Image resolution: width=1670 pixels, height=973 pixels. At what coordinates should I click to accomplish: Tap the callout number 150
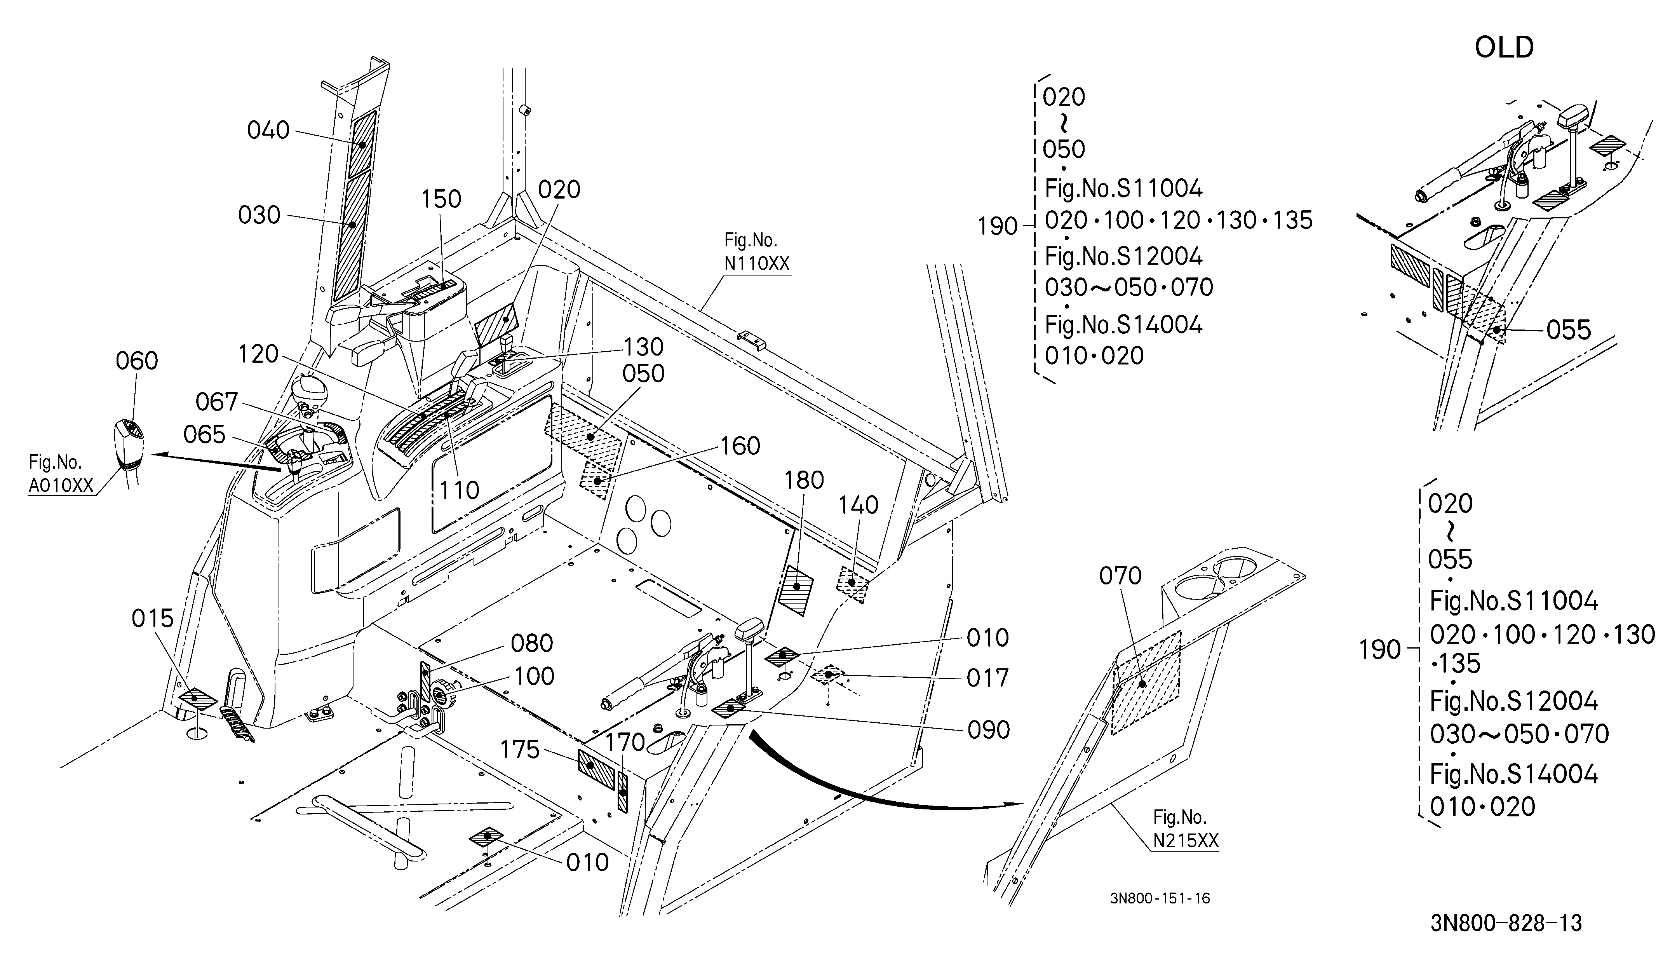coord(441,199)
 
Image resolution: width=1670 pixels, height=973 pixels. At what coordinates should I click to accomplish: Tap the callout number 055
coord(1569,330)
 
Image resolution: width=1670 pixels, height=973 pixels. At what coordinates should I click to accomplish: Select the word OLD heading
coord(1505,48)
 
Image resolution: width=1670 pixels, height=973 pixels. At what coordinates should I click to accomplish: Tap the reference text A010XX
coord(61,486)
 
